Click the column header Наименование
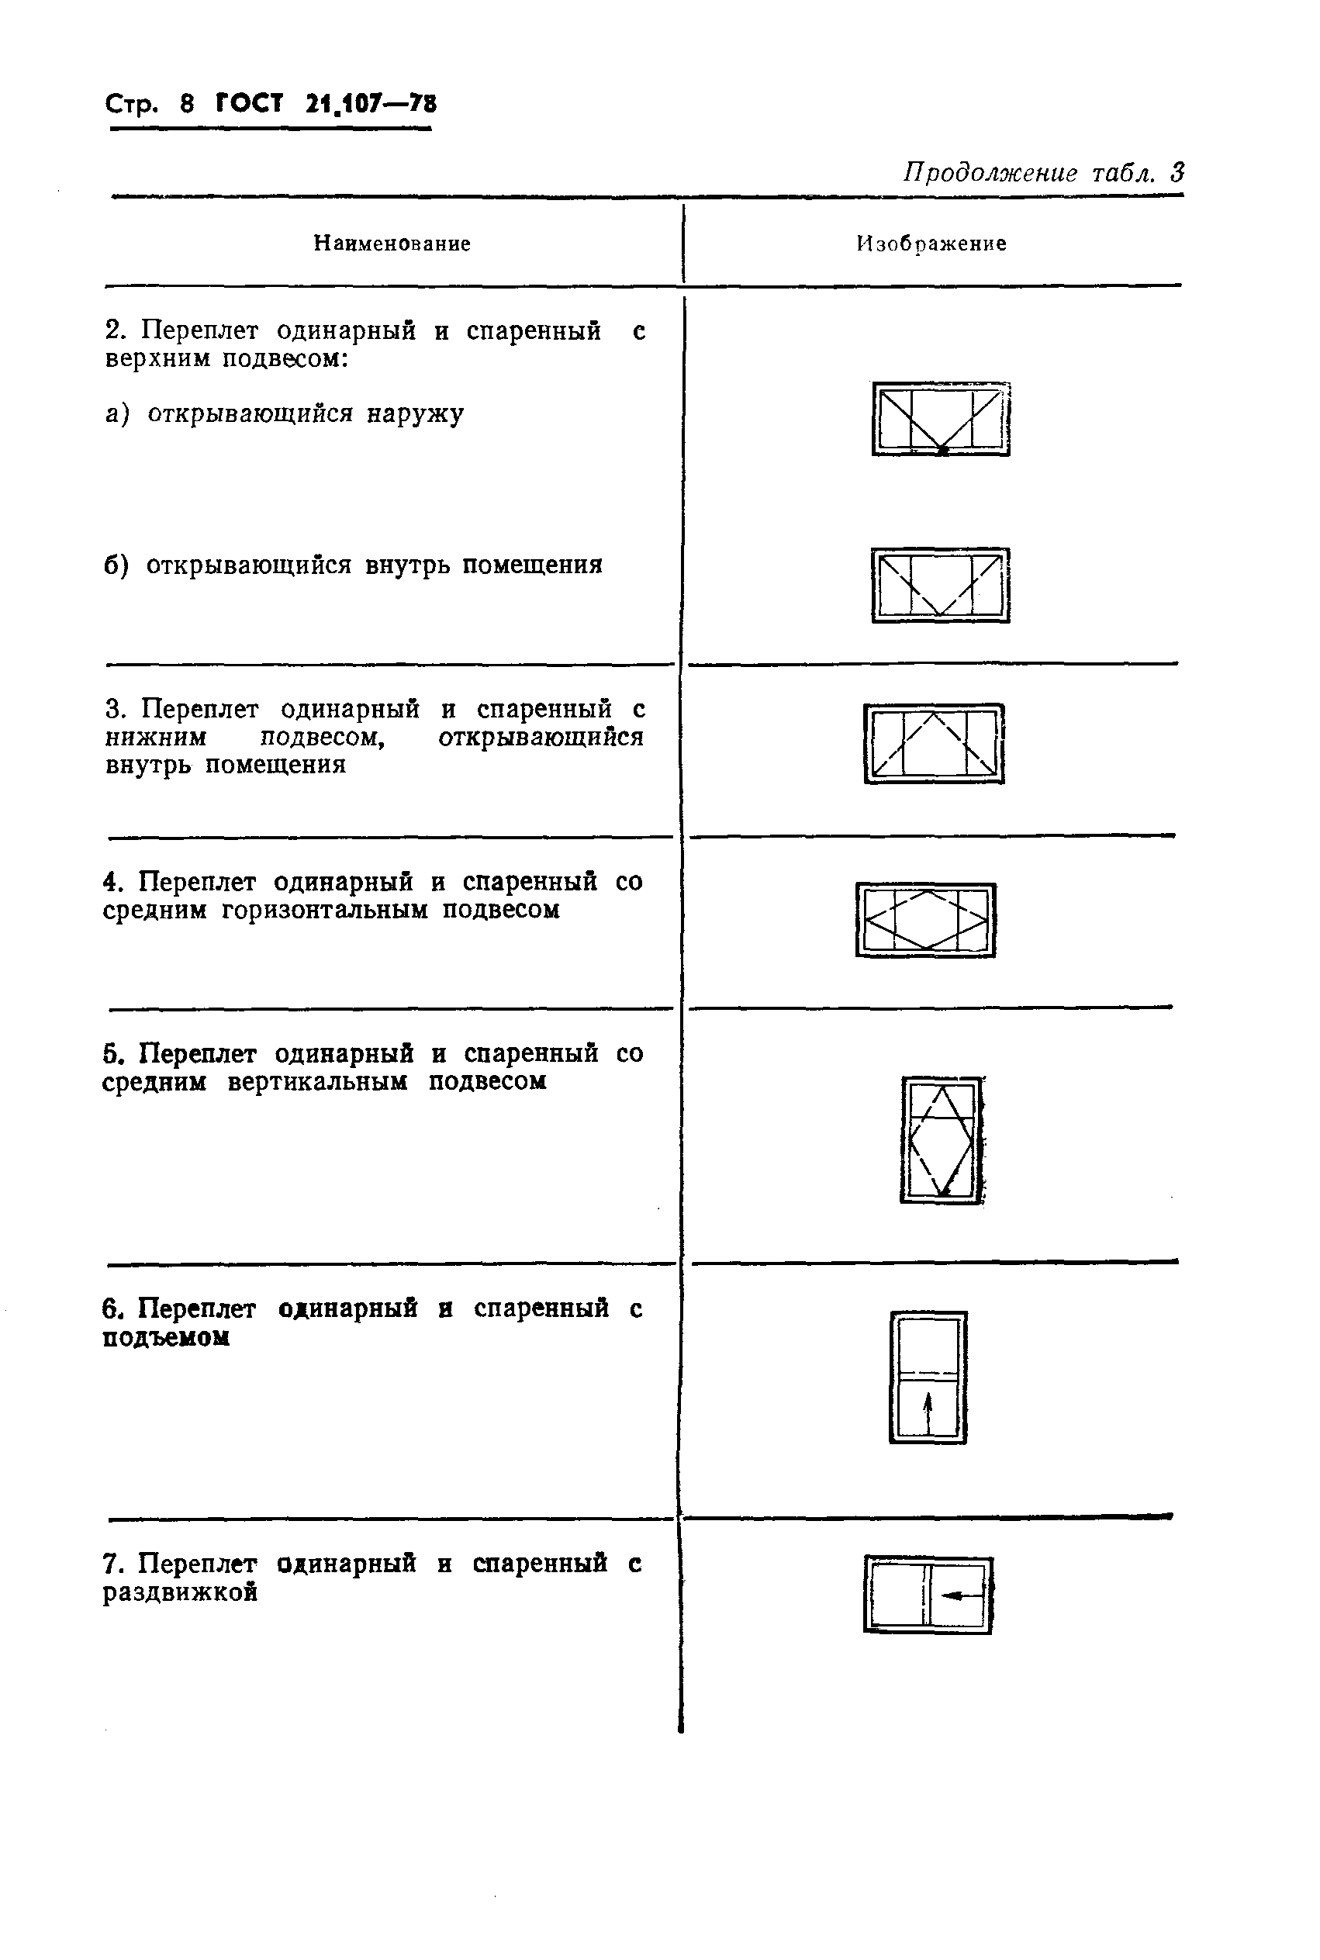click(x=392, y=244)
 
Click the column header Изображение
click(x=931, y=244)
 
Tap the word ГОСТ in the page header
click(x=249, y=105)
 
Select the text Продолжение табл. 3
click(x=1044, y=174)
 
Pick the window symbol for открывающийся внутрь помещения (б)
click(x=940, y=585)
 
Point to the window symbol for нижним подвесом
click(x=934, y=743)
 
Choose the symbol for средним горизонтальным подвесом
click(x=925, y=919)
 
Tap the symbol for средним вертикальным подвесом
click(x=942, y=1140)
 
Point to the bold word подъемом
click(x=166, y=1339)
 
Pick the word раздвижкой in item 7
click(x=179, y=1593)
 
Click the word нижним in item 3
click(x=156, y=738)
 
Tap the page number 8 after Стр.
click(x=187, y=105)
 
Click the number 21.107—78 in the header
click(x=371, y=105)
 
